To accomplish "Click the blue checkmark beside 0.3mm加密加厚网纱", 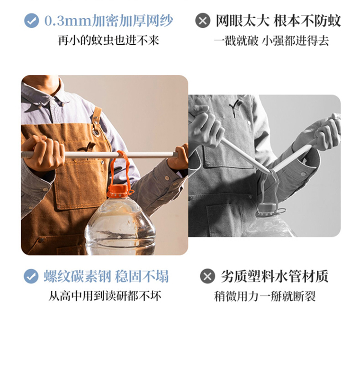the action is point(31,21).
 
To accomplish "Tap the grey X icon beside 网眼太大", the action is point(203,21).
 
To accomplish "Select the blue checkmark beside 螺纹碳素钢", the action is point(31,276).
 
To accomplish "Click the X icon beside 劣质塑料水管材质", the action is point(207,276).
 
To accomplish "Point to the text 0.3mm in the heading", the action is point(68,21).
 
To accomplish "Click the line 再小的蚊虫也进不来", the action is point(108,41).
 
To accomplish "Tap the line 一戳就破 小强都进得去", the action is point(271,41).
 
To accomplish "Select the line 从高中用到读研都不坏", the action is point(105,296).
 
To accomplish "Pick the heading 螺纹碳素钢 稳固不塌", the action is point(106,276).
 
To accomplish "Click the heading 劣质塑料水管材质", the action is point(275,276).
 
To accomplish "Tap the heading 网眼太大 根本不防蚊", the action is point(278,21).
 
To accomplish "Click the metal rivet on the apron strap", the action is point(96,131).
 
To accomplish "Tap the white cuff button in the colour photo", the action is point(167,178).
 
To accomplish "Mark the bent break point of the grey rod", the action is point(269,171).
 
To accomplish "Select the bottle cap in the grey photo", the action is point(267,209).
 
